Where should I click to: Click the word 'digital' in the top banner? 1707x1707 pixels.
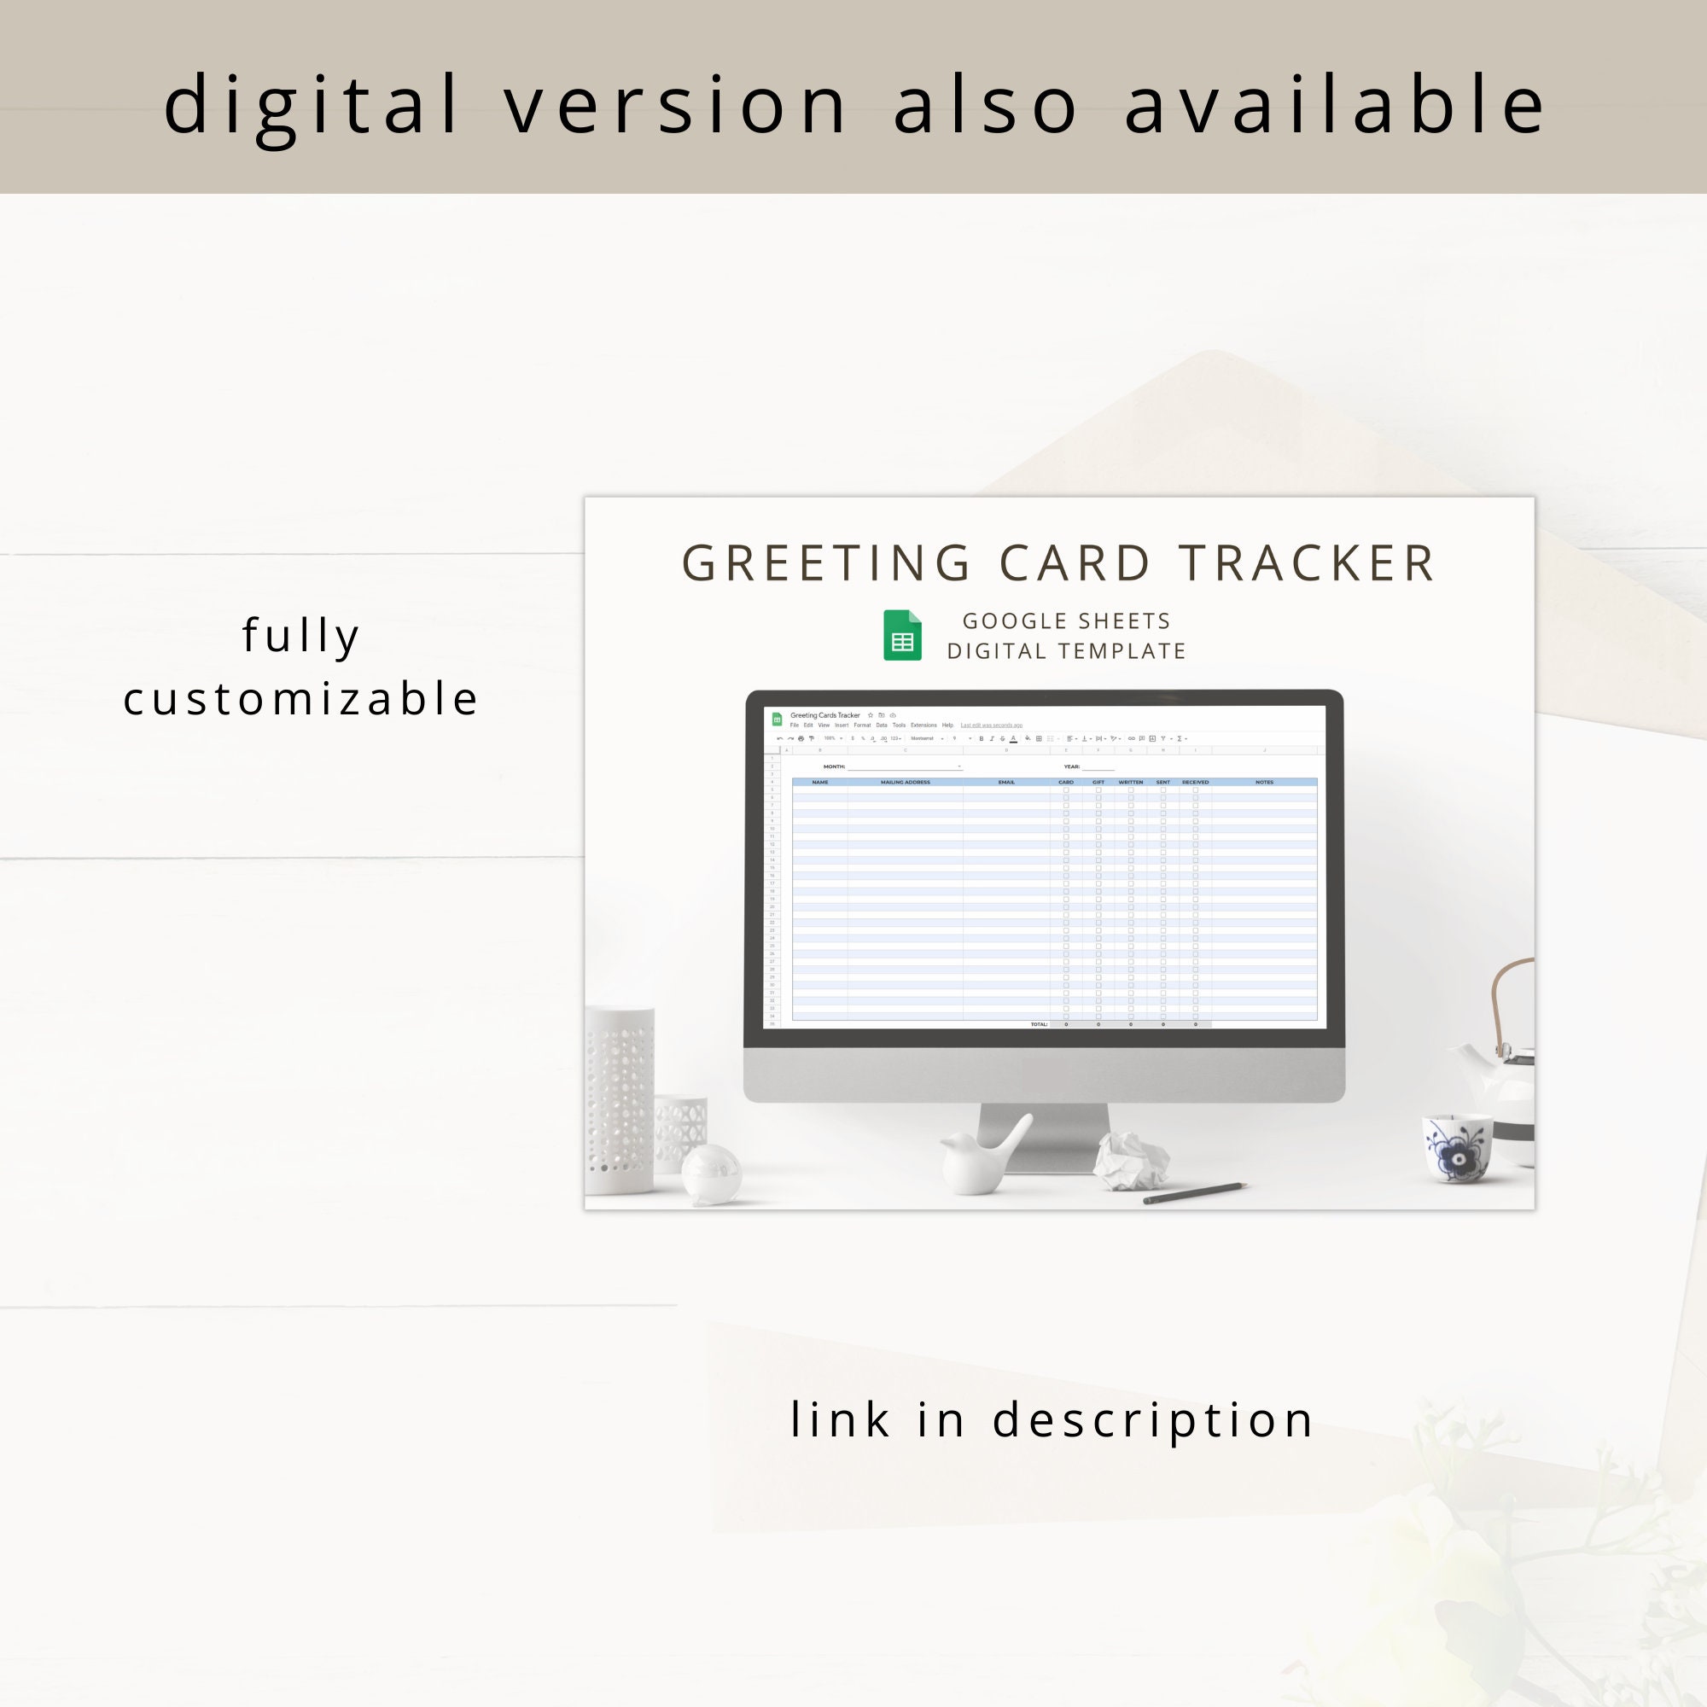(x=311, y=106)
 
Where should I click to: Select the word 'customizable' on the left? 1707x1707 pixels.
(x=300, y=699)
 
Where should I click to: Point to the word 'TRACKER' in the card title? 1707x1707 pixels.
(x=1307, y=563)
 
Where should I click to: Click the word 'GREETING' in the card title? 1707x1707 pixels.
(x=827, y=563)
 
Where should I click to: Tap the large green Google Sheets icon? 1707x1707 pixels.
(x=902, y=635)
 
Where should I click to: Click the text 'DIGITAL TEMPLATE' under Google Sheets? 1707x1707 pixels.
(x=1066, y=651)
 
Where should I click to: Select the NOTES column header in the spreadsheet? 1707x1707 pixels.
(x=1264, y=782)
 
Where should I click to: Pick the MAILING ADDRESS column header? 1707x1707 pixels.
(x=905, y=782)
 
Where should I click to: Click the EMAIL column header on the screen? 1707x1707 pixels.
(x=1006, y=782)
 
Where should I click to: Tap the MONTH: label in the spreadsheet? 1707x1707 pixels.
(x=834, y=767)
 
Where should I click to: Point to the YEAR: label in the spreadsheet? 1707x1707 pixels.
(x=1072, y=767)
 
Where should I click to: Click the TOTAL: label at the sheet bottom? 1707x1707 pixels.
(x=1039, y=1025)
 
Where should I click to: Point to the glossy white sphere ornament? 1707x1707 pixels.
(x=711, y=1174)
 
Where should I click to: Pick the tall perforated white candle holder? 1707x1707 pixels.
(x=620, y=1099)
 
